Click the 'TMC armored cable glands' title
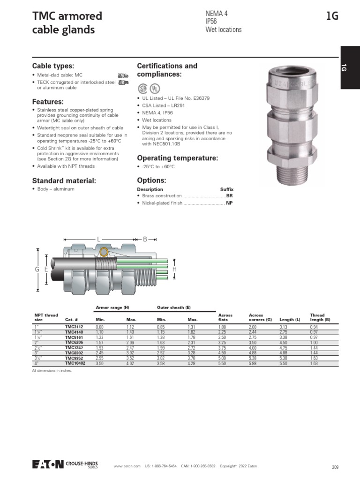(67, 23)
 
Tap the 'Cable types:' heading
(53, 66)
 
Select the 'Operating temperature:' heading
(177, 158)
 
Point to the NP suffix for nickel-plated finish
(229, 203)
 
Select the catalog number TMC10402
(75, 363)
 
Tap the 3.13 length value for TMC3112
(283, 326)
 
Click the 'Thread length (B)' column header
(320, 317)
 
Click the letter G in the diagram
(37, 269)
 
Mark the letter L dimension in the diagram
(99, 240)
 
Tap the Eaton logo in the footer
(47, 464)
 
